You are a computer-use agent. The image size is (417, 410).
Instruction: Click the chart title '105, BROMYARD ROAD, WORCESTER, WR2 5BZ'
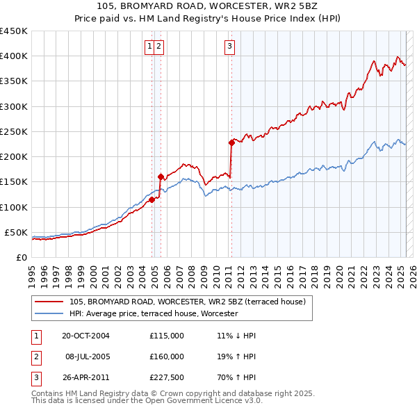coord(208,6)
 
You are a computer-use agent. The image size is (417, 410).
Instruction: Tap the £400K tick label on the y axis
coord(14,56)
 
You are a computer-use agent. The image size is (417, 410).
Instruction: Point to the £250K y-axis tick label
coord(14,131)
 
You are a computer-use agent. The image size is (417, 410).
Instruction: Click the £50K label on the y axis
coord(17,232)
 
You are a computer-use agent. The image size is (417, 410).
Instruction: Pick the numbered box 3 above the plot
coord(229,47)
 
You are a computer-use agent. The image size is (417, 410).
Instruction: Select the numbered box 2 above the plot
coord(159,47)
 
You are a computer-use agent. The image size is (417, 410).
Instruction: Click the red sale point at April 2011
coord(231,143)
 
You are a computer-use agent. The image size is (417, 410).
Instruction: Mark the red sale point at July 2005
coord(161,177)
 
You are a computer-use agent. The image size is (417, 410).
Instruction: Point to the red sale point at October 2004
coord(152,199)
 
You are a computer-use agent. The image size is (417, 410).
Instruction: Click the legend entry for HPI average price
coord(153,313)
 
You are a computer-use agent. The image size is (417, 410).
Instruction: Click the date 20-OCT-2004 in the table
coord(85,336)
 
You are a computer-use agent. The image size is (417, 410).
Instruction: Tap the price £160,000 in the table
coord(167,356)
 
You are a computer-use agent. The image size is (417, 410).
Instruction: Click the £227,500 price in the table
coord(167,378)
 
